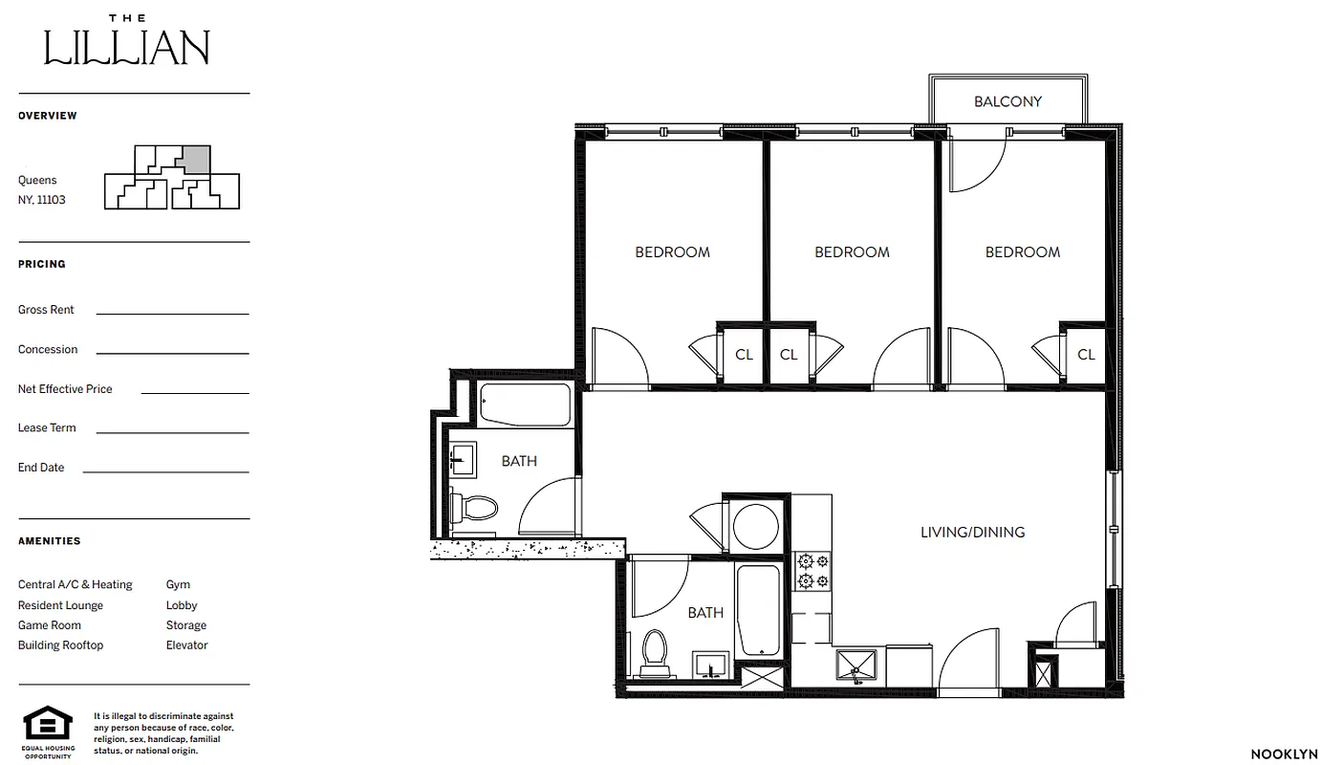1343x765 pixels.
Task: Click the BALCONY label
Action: (1007, 101)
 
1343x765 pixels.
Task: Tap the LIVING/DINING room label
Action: (972, 532)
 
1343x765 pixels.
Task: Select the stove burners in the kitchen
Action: (812, 571)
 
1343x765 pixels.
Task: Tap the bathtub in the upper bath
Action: (525, 404)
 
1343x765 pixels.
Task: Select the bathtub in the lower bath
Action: (760, 610)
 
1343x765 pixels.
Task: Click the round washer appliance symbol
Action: (755, 525)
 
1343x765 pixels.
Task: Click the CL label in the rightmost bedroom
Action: (1086, 355)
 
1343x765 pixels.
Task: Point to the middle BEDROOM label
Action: (852, 252)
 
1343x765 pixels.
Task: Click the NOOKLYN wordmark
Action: (1284, 754)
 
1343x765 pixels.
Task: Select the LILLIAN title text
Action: (127, 48)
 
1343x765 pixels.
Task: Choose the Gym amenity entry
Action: (178, 584)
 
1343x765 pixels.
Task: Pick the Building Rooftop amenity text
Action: (60, 645)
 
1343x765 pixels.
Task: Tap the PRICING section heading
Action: (42, 264)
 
